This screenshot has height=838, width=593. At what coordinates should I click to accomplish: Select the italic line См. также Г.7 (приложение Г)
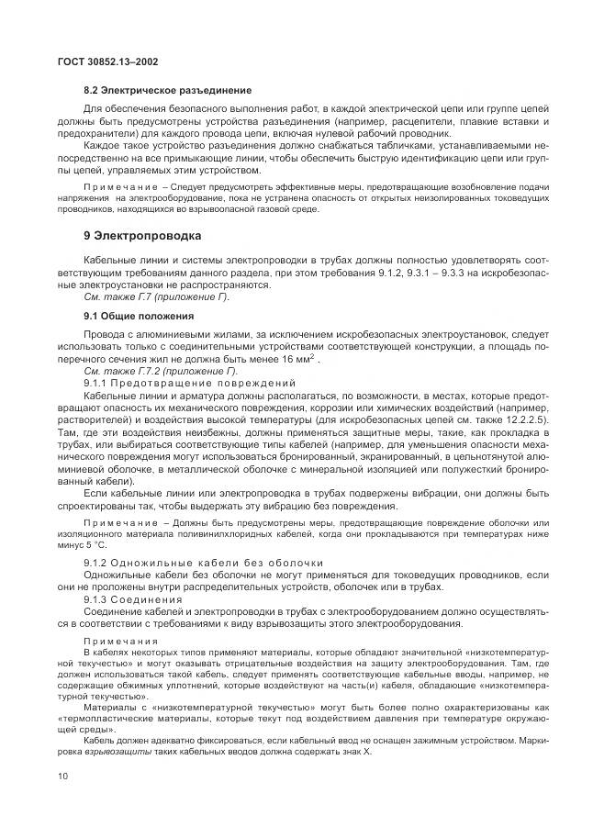click(156, 297)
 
